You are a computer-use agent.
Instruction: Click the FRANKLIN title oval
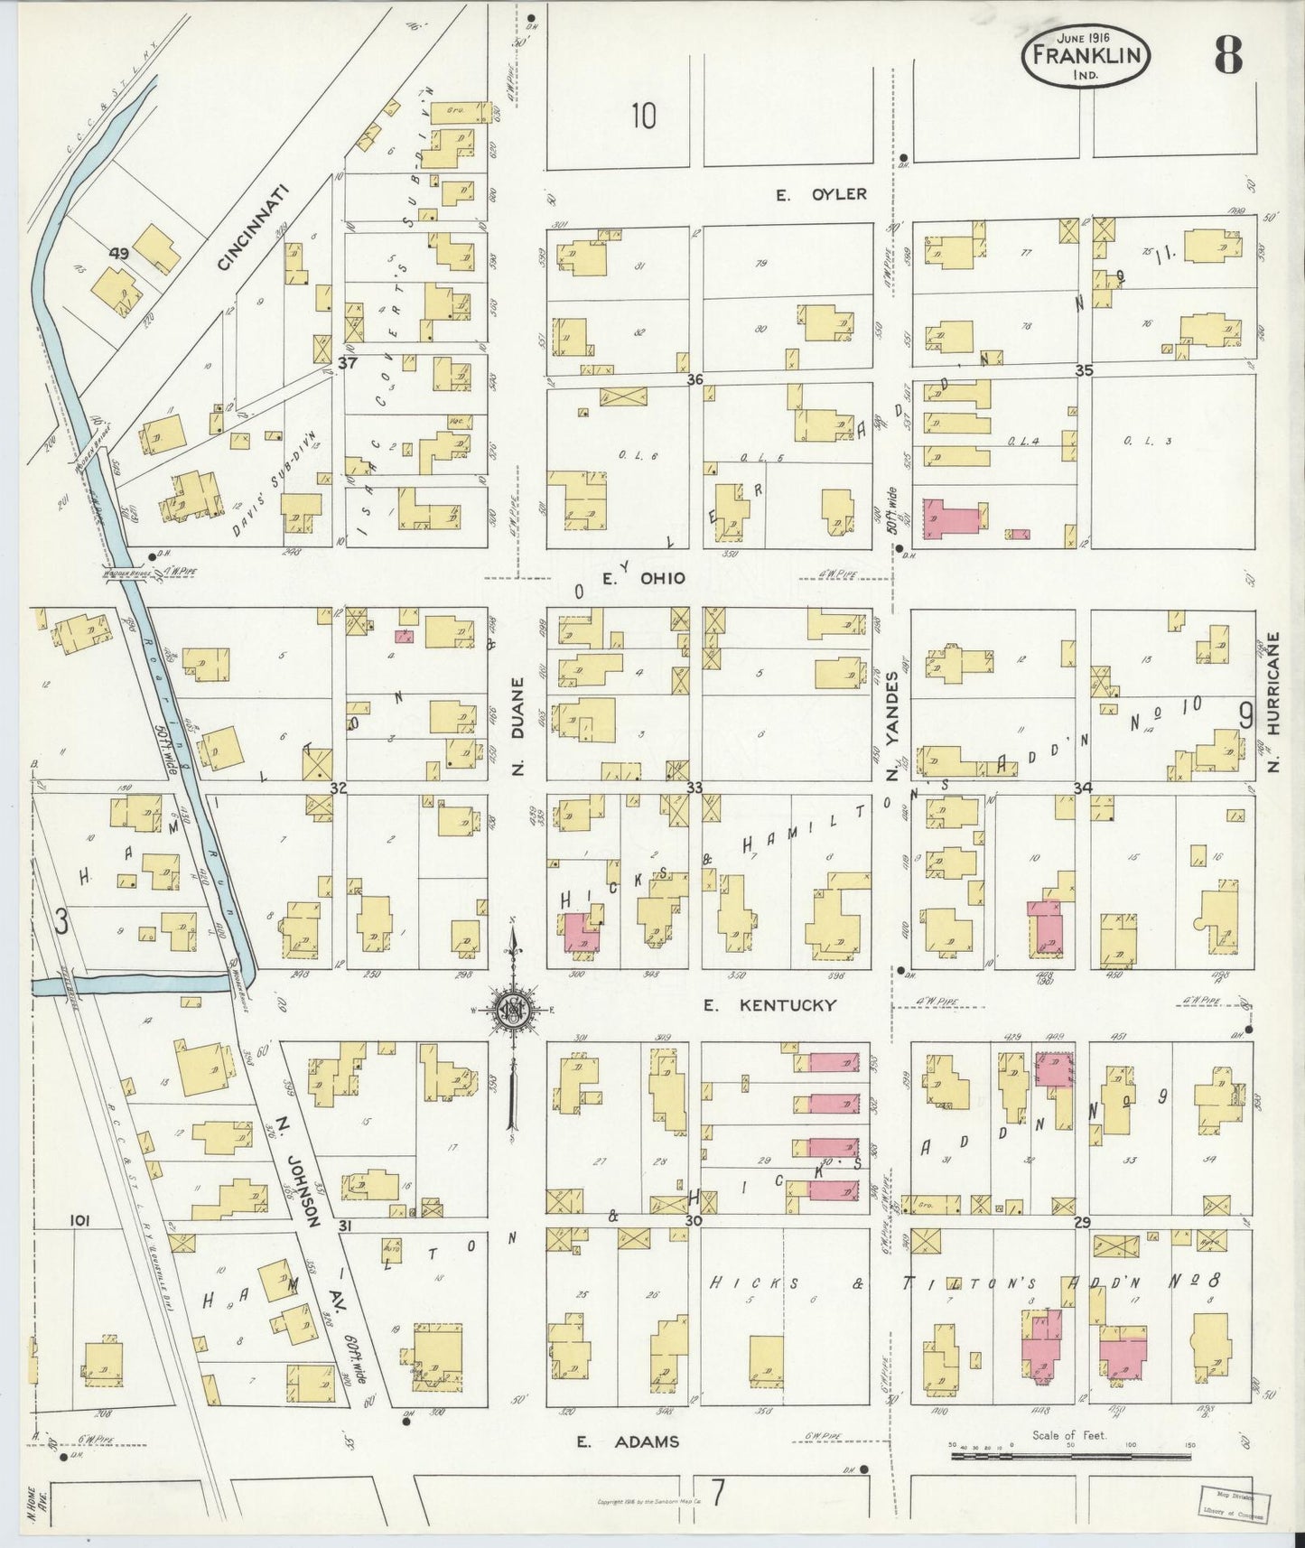point(1086,56)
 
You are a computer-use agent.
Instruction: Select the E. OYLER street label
point(822,194)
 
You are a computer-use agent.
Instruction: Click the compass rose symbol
point(512,1010)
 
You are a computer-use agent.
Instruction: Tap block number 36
point(694,380)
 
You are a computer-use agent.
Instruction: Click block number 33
point(694,788)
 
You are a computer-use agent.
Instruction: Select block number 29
point(1083,1222)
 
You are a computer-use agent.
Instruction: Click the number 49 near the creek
point(118,254)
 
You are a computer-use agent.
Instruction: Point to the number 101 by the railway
point(79,1221)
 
